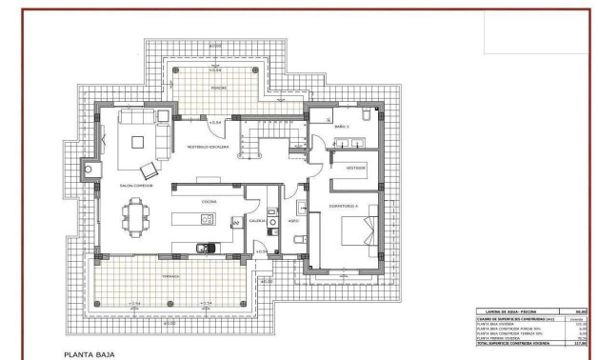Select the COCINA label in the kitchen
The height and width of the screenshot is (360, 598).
(x=209, y=202)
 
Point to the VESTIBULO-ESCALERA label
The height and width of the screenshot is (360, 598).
(x=207, y=147)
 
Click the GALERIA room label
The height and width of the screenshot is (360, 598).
(x=257, y=220)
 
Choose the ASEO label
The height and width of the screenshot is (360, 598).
(x=294, y=220)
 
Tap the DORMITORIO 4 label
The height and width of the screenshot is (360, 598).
(x=344, y=205)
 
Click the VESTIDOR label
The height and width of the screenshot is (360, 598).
(x=355, y=166)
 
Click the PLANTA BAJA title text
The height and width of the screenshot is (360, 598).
(x=90, y=352)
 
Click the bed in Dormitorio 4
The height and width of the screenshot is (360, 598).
(x=360, y=230)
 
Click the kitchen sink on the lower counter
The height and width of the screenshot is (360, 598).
(x=204, y=250)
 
